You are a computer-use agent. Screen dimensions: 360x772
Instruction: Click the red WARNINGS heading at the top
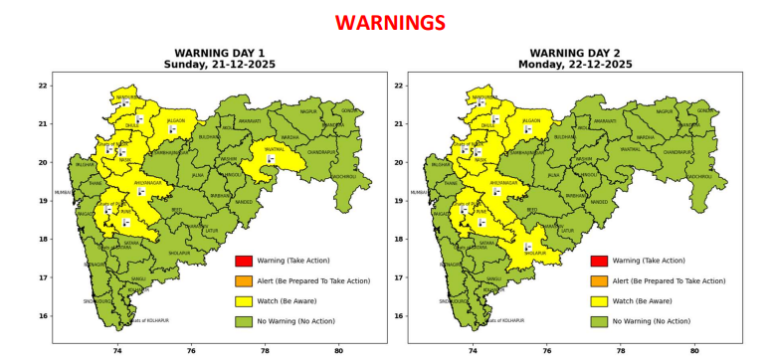coord(386,22)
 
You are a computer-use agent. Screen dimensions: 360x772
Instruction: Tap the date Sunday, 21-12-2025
coord(220,65)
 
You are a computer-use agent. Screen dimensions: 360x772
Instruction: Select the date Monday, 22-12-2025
coord(575,65)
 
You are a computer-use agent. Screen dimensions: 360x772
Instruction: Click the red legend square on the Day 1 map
coord(242,261)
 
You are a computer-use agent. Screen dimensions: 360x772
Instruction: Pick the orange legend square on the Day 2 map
coord(598,281)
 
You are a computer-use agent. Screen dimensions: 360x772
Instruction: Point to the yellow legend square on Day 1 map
coord(242,301)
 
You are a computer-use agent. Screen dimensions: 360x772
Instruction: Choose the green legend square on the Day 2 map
coord(598,321)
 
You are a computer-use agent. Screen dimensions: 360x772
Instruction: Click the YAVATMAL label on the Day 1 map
coord(275,148)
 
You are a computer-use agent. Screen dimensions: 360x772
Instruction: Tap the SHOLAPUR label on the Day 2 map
coord(534,254)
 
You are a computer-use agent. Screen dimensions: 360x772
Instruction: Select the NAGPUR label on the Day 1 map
coord(308,112)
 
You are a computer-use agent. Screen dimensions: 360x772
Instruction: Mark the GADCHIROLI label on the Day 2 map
coord(699,177)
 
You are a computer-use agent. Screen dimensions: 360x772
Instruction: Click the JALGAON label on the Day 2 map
coord(531,120)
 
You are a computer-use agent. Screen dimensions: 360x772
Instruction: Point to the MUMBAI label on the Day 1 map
coord(63,192)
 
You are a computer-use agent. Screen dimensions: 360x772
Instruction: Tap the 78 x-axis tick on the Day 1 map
coord(265,350)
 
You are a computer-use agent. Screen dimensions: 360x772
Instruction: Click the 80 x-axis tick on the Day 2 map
coord(693,350)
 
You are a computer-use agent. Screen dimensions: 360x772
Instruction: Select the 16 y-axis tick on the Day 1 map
coord(42,316)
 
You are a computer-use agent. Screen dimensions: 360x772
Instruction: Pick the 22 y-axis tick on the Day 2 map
coord(398,86)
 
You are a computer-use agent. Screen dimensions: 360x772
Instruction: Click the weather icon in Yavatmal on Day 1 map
coord(271,158)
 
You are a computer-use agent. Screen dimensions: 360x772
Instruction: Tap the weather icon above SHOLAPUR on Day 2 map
coord(528,246)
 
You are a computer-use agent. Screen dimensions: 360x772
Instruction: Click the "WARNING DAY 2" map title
coord(575,53)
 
